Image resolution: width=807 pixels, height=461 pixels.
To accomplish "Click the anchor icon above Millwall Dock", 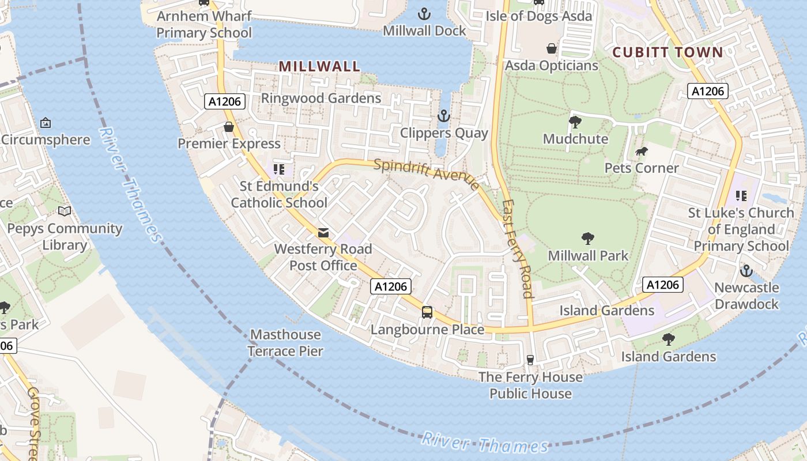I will (x=424, y=13).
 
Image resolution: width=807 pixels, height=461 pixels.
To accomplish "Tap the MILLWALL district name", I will (x=319, y=66).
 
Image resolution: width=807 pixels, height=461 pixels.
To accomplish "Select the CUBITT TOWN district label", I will (x=667, y=52).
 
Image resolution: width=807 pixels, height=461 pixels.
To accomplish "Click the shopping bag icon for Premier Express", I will (x=229, y=127).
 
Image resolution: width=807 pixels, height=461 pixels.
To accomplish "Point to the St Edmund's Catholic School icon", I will (x=279, y=169).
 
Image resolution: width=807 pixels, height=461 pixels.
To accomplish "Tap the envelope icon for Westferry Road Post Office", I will (x=323, y=233).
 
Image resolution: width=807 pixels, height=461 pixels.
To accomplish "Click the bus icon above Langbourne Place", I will (x=427, y=312).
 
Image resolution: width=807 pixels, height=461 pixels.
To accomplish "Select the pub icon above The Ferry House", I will (x=530, y=360).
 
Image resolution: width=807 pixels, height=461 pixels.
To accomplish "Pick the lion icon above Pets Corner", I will (x=641, y=152).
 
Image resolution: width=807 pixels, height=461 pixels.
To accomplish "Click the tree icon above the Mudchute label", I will (x=575, y=122).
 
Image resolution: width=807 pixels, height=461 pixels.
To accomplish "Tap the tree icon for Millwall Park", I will (x=588, y=238).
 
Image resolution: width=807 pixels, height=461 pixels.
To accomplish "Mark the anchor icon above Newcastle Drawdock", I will (x=746, y=270).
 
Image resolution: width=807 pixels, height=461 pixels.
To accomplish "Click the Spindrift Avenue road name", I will (x=426, y=173).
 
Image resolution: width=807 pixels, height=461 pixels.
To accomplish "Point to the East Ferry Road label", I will (x=518, y=248).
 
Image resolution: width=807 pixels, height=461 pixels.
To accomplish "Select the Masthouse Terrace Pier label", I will (x=285, y=342).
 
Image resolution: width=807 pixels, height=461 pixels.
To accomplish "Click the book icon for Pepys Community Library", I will (x=65, y=211).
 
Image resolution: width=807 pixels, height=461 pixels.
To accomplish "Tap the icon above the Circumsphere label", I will (x=46, y=123).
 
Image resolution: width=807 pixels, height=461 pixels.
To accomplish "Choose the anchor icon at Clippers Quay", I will (x=443, y=116).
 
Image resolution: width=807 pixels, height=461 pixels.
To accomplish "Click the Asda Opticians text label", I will (x=551, y=66).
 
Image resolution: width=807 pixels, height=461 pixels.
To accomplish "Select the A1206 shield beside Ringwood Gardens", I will (x=225, y=102).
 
